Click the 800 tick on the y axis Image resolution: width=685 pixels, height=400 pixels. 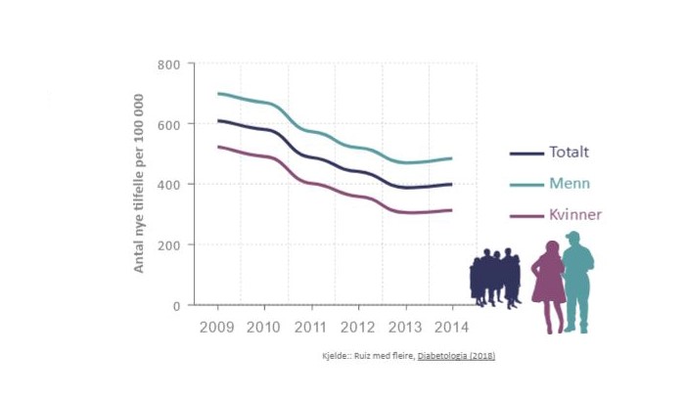click(x=169, y=65)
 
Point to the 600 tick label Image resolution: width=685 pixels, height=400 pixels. click(x=169, y=124)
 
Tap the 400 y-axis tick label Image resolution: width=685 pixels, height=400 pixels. click(x=169, y=185)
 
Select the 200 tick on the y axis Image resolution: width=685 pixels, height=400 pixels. click(x=169, y=244)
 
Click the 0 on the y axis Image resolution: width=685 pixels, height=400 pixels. click(x=177, y=305)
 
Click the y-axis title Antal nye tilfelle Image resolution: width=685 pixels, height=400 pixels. click(x=139, y=184)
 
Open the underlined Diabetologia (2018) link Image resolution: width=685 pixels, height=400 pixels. click(x=456, y=356)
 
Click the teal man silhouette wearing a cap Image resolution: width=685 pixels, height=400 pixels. click(x=578, y=280)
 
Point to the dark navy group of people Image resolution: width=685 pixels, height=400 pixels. click(x=494, y=278)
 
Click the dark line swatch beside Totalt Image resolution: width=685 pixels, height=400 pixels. click(x=526, y=154)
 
